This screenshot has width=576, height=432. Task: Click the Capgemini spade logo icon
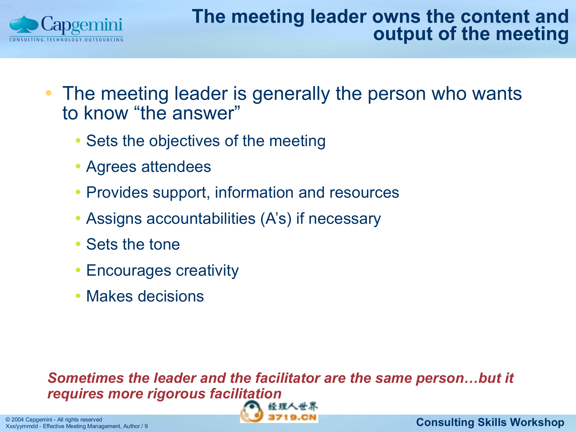click(24, 24)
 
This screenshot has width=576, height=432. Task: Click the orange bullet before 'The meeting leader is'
click(49, 93)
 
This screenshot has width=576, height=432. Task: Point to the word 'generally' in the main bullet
click(291, 94)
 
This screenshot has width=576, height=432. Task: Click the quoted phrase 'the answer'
click(190, 113)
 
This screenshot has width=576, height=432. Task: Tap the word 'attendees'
click(176, 167)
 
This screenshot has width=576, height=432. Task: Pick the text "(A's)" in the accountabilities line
click(276, 218)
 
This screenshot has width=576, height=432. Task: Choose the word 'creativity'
click(207, 271)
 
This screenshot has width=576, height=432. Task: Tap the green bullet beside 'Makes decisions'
click(78, 296)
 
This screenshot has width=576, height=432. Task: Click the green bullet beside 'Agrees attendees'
click(78, 166)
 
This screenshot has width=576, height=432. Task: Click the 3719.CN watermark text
click(292, 417)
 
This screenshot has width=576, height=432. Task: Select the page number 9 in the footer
click(146, 426)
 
